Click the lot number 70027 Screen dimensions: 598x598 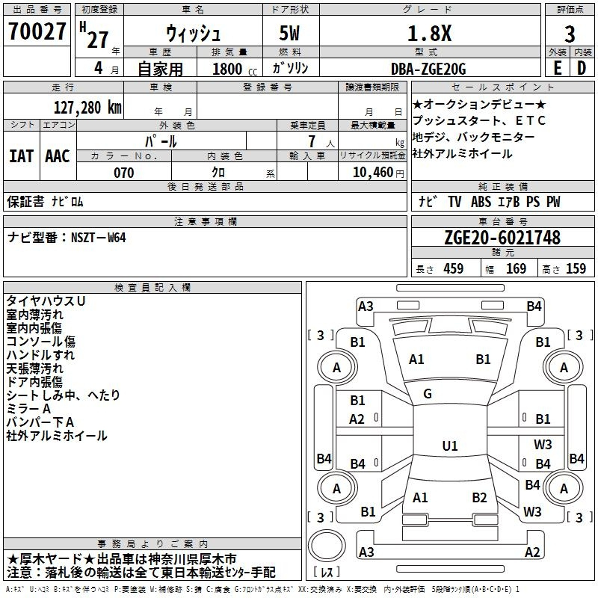(x=37, y=34)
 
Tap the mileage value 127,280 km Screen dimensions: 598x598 (x=87, y=107)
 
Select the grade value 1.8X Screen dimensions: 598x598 (x=428, y=34)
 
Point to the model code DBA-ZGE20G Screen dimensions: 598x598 (x=428, y=69)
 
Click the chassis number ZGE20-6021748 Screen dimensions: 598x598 (x=502, y=238)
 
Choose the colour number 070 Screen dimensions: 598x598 (x=123, y=173)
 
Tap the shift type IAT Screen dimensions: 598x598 (x=22, y=156)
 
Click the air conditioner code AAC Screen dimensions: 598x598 (x=58, y=156)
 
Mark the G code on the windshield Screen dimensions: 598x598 (x=428, y=394)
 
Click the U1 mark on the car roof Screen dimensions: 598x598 (x=449, y=446)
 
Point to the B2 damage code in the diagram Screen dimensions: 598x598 (x=479, y=498)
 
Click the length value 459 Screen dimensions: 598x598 (x=453, y=269)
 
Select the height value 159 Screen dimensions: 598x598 (x=576, y=269)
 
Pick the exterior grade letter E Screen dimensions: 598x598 (x=557, y=68)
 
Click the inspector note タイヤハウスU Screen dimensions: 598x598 (x=46, y=300)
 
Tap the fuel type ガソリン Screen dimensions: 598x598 (x=291, y=69)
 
